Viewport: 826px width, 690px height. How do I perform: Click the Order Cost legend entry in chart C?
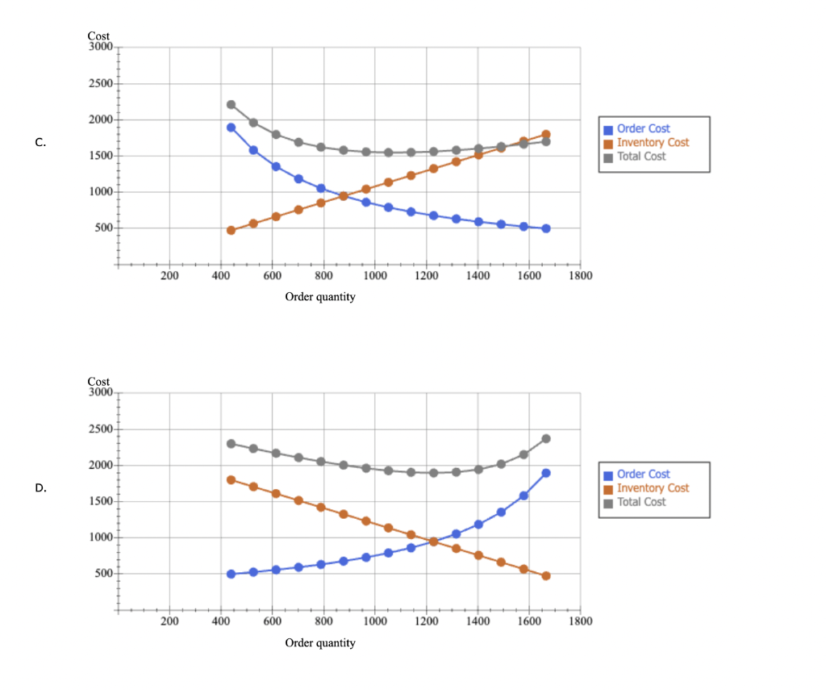point(643,129)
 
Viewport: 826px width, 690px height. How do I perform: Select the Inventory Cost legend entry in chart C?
point(653,143)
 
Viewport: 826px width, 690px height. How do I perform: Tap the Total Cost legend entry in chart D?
point(641,502)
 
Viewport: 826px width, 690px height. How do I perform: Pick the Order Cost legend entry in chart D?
point(643,475)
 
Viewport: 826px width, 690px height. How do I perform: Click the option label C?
point(40,143)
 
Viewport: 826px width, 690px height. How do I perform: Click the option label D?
point(40,488)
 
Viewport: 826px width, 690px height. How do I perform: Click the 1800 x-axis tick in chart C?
point(580,276)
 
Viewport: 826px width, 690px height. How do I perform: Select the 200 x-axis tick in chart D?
point(169,621)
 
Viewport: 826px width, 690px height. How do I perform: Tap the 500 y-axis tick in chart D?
point(104,574)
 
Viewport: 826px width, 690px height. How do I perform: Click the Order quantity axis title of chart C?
point(319,297)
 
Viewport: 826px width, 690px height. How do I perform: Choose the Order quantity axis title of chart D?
point(319,643)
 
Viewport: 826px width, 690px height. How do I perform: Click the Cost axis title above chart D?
point(98,381)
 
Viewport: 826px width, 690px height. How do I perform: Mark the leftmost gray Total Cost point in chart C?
point(231,105)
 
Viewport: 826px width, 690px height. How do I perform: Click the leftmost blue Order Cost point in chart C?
point(231,128)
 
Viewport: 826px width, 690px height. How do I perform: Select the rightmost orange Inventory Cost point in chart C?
point(546,135)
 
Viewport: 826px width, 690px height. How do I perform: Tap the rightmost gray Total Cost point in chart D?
point(546,439)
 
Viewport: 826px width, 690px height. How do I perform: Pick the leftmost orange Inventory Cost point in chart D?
point(231,480)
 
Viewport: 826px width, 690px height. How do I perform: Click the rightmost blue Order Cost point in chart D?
point(546,473)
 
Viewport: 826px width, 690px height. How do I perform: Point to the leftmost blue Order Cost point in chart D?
point(231,574)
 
